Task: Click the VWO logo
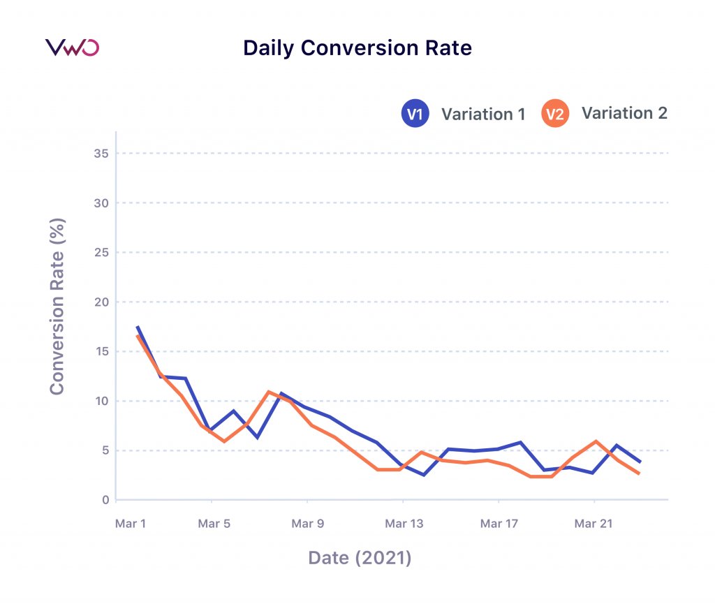pos(72,47)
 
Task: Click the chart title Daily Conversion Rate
pos(357,48)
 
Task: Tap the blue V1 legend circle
pos(415,114)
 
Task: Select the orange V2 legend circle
pos(554,114)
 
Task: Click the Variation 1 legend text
pos(482,114)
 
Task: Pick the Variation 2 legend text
pos(624,113)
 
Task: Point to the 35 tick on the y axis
pos(102,153)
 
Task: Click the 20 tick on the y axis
pos(102,302)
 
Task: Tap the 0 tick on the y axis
pos(105,500)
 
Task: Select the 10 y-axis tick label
pos(102,401)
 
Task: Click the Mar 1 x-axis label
pos(130,524)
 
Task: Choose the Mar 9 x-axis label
pos(308,524)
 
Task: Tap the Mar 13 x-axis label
pos(404,524)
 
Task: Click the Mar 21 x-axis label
pos(594,524)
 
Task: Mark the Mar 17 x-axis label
pos(499,524)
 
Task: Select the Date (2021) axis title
pos(360,558)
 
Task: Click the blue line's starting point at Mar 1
pos(137,326)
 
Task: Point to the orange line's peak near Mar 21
pos(595,441)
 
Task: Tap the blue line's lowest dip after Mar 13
pos(424,475)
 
